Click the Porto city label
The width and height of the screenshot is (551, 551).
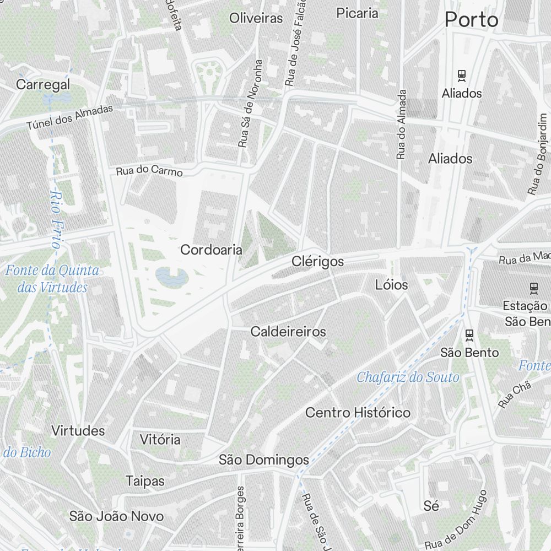[471, 20]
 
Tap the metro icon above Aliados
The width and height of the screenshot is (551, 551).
[462, 75]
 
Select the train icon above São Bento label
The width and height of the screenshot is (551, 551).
[469, 334]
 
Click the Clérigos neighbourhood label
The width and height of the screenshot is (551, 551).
[318, 262]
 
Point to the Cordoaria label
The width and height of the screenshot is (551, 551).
[211, 250]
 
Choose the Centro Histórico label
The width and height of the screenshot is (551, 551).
[358, 412]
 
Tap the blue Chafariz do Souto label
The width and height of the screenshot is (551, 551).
[408, 377]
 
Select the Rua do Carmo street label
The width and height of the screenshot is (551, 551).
[149, 171]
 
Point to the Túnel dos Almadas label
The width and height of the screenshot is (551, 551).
[69, 117]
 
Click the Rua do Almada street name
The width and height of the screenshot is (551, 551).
[402, 125]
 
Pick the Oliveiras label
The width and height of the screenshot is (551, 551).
[256, 18]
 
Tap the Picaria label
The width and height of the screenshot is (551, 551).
[357, 13]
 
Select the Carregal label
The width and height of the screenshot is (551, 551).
[43, 85]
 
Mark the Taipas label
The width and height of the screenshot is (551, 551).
[145, 480]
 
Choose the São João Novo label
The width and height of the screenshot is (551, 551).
[116, 516]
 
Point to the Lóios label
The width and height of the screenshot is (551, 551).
[391, 285]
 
